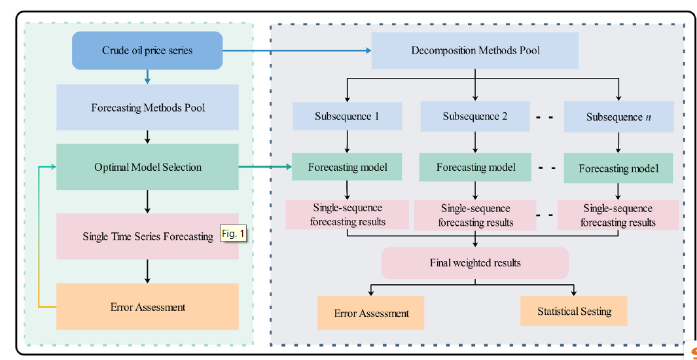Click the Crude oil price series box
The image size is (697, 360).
(147, 50)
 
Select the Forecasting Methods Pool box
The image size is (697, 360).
(147, 107)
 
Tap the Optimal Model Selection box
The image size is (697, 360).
(147, 168)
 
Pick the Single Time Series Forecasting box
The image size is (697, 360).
(147, 236)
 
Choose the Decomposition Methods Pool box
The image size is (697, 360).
(475, 50)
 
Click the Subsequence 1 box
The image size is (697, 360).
(346, 117)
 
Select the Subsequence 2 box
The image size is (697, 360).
(475, 117)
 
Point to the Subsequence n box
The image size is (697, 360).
(618, 118)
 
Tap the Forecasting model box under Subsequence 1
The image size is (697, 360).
(348, 168)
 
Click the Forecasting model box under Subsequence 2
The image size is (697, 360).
(475, 168)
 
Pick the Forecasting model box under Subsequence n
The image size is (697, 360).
(618, 169)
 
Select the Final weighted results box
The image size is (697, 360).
(475, 263)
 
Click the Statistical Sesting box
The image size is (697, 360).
(574, 312)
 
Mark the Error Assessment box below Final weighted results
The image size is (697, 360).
(371, 314)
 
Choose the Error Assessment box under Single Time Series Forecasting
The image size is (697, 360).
(147, 307)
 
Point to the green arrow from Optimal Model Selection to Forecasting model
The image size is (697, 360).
(265, 168)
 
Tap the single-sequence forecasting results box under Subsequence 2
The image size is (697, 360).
(475, 215)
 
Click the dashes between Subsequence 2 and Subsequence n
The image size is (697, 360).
(545, 118)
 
